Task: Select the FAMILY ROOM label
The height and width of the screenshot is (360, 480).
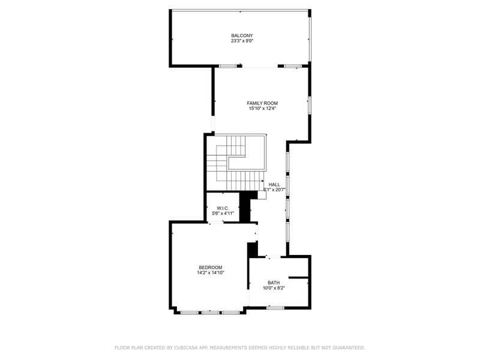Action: click(262, 103)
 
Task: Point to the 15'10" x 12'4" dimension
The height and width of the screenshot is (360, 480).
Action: click(262, 109)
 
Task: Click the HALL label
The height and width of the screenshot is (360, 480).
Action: click(274, 184)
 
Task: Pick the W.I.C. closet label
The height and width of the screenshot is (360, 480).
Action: click(223, 208)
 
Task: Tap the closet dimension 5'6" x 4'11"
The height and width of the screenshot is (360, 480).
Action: click(223, 214)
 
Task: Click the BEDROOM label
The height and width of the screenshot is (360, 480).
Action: click(211, 267)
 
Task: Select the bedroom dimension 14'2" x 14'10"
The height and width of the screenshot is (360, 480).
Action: click(211, 272)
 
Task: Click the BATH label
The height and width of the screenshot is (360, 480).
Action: click(274, 283)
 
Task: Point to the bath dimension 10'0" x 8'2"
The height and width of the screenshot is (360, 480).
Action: click(274, 288)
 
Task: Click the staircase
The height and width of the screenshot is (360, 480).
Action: click(237, 162)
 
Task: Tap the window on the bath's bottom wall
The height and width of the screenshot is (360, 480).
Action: click(275, 308)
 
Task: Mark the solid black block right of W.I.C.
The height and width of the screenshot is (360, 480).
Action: click(245, 206)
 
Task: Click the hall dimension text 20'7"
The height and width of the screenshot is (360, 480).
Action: click(278, 190)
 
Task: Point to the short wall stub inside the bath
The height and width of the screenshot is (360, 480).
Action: click(298, 278)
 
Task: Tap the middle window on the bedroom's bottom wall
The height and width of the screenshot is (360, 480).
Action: click(210, 312)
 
